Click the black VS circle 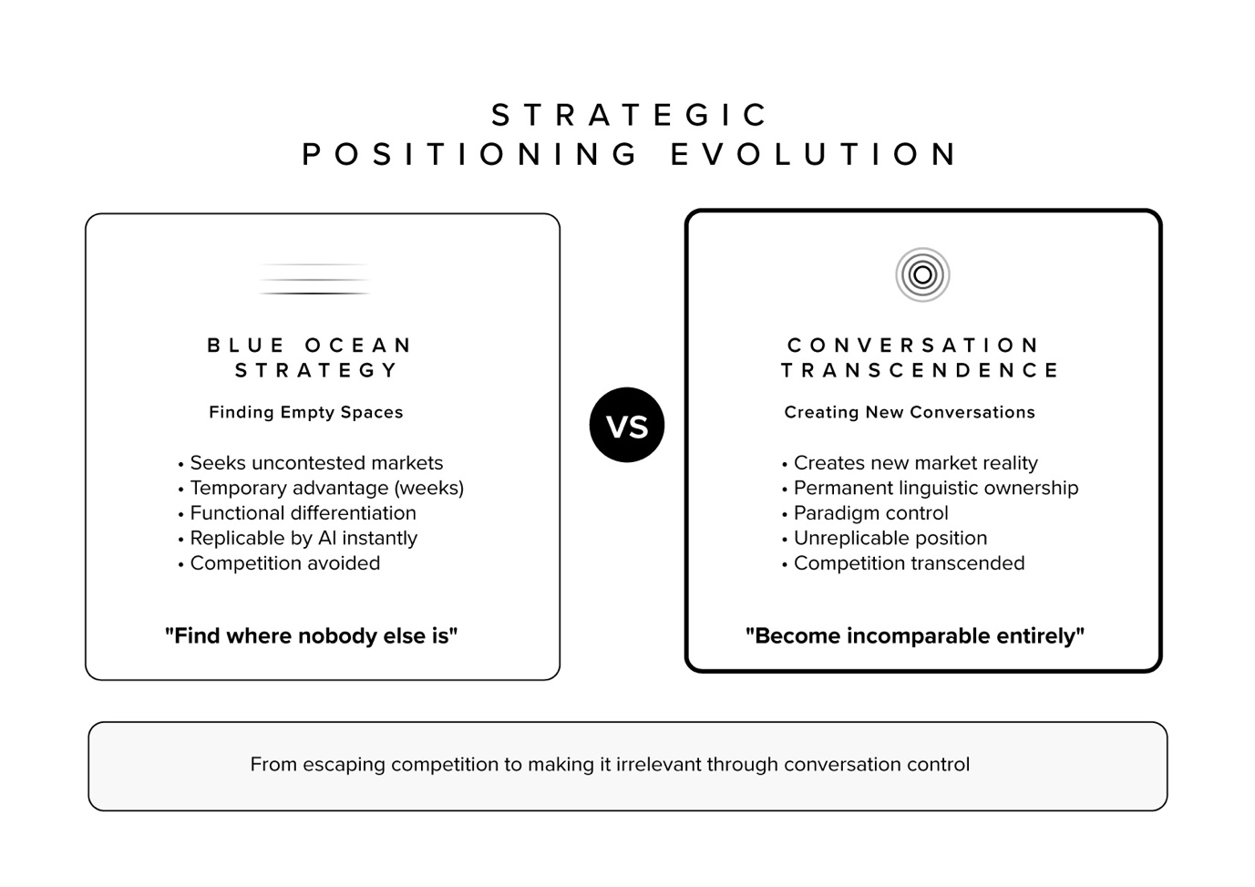(x=627, y=426)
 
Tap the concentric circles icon (x=922, y=274)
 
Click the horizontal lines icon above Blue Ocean (x=314, y=279)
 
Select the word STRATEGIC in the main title (x=630, y=116)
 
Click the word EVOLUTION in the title (x=814, y=154)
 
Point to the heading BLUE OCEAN (x=310, y=346)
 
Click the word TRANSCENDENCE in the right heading (x=921, y=370)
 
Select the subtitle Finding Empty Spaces (x=306, y=412)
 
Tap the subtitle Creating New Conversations (x=910, y=412)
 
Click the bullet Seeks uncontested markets (x=316, y=463)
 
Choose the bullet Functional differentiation (x=303, y=513)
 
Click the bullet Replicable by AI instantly (x=303, y=539)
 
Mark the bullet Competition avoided (x=284, y=563)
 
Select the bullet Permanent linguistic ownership (x=935, y=489)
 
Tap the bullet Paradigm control (x=870, y=513)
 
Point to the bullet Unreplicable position (x=890, y=539)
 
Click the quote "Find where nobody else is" (x=311, y=635)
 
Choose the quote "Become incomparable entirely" (x=914, y=635)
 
